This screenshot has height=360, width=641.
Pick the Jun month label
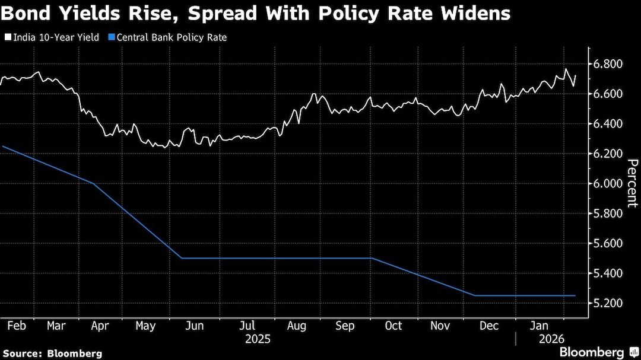[195, 326]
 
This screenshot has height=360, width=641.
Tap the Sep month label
[345, 326]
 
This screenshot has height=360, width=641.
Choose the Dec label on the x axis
[489, 326]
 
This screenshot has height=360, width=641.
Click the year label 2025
[258, 339]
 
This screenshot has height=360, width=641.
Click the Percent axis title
[632, 183]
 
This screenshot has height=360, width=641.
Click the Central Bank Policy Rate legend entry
[172, 37]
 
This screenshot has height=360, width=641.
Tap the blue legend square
[111, 37]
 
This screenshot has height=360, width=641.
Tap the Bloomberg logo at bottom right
[591, 352]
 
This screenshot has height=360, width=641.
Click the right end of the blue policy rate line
[575, 295]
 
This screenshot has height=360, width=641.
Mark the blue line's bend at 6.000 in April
[94, 184]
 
